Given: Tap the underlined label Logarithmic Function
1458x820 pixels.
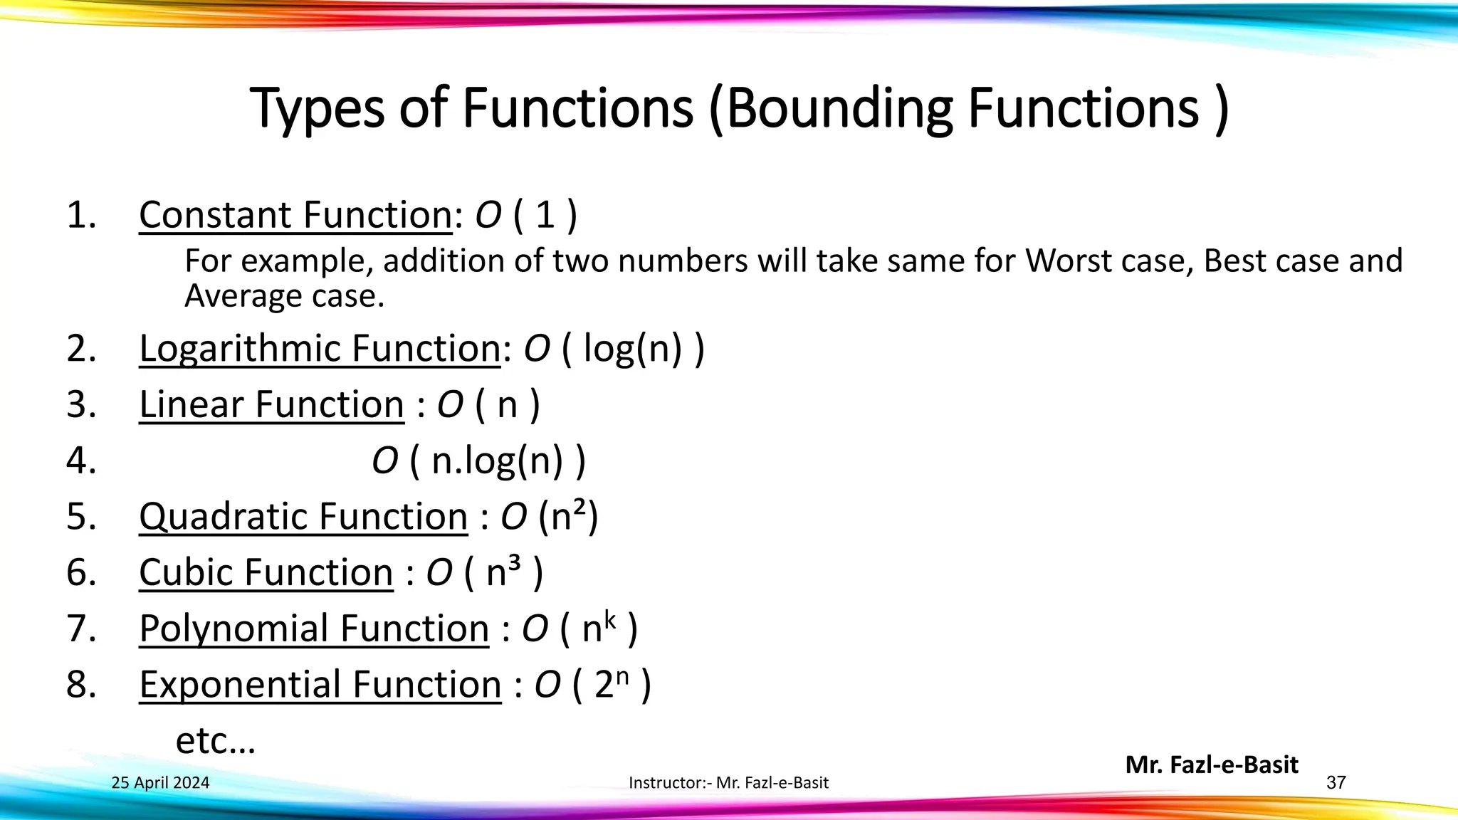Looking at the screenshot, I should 320,348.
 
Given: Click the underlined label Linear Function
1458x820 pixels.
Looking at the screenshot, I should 271,404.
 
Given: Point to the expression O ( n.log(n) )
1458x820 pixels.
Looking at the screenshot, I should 478,461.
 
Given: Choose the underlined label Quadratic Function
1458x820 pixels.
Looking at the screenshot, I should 303,516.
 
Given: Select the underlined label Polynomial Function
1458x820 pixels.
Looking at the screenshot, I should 314,628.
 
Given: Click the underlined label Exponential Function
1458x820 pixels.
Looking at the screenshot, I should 320,684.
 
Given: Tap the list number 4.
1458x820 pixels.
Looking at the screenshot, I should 81,461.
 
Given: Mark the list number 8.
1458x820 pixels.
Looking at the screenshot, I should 81,684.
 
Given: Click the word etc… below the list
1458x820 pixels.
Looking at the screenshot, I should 215,740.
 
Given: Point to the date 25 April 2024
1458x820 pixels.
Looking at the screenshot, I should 161,783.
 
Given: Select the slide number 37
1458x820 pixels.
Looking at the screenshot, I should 1336,783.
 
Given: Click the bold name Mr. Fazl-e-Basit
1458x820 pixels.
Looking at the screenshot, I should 1212,764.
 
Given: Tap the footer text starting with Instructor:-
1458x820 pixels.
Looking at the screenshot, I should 728,783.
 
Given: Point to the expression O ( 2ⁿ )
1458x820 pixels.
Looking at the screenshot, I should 592,684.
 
